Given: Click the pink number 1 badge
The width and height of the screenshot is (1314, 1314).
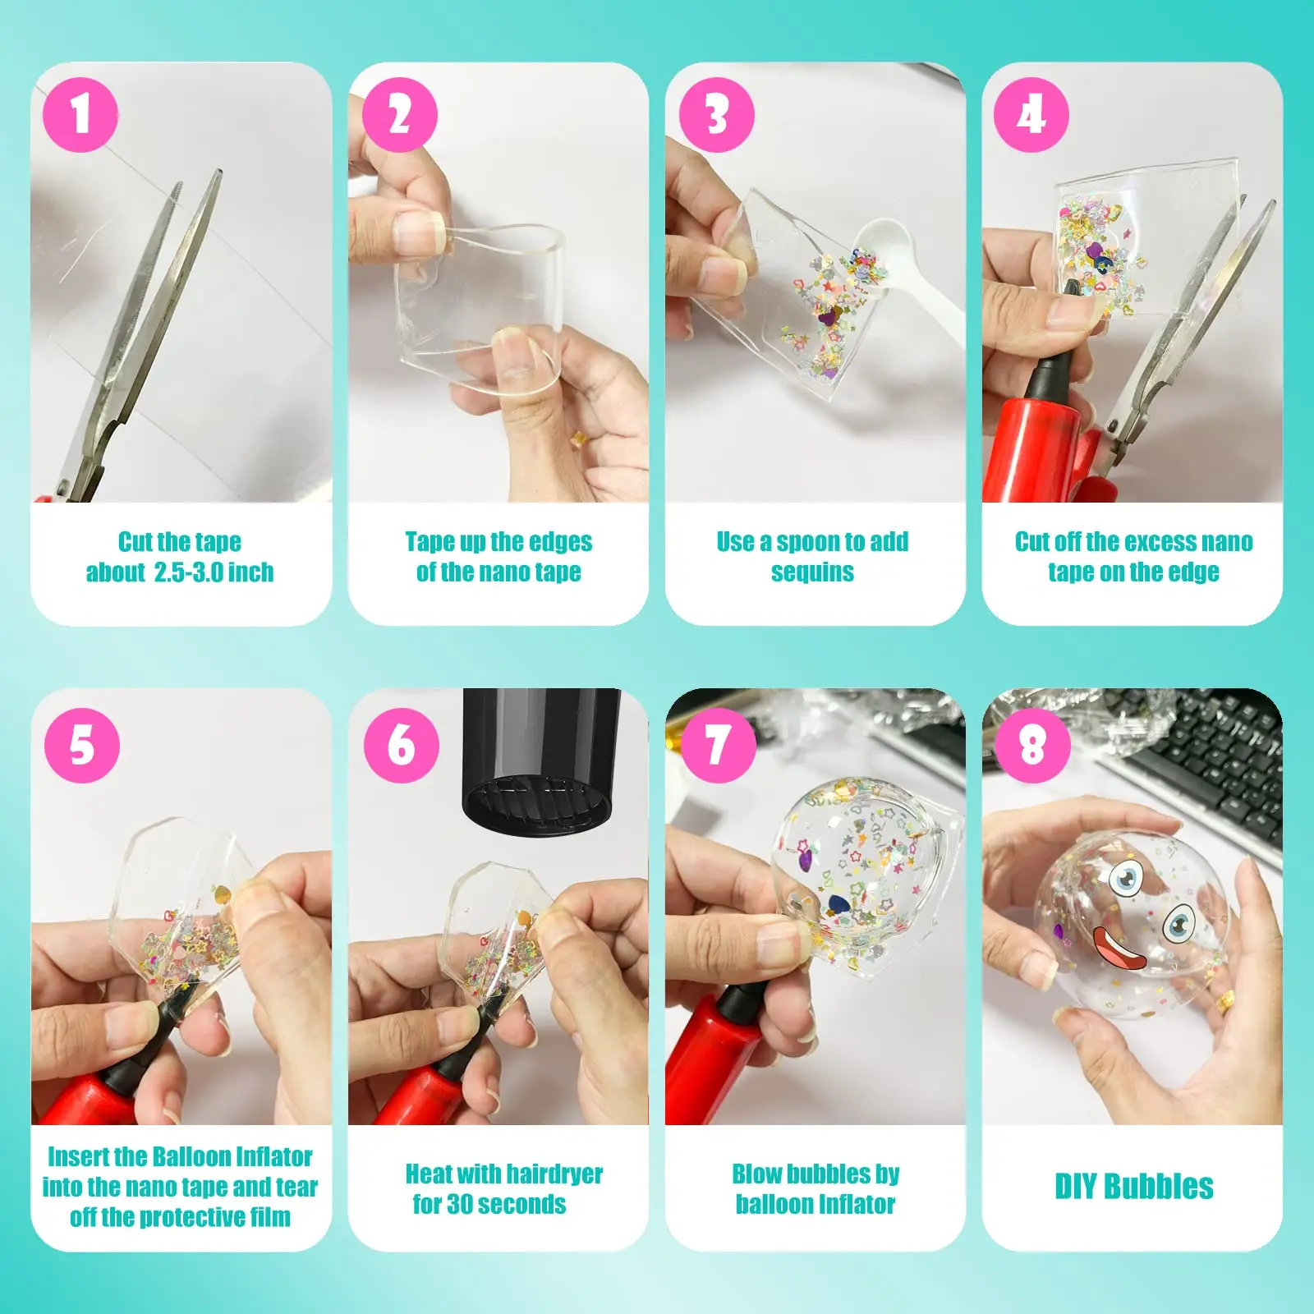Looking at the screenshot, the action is coord(80,114).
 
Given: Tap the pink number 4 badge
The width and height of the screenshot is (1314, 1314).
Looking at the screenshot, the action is coord(1031,114).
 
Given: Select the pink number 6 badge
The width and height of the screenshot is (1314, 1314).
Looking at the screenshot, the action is coord(402,745).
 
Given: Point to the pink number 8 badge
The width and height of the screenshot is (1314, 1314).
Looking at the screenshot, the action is coord(1033,745).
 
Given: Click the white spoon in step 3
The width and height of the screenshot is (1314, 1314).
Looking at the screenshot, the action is coord(903,271).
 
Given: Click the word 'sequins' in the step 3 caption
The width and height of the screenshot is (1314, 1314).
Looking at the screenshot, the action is coord(812,572).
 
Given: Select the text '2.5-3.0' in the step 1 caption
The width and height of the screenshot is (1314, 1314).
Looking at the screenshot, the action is coord(188,572).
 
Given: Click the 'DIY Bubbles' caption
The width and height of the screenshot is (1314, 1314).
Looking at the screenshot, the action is coord(1133,1187).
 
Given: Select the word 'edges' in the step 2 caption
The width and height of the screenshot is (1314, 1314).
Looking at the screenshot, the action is coord(560,543).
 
